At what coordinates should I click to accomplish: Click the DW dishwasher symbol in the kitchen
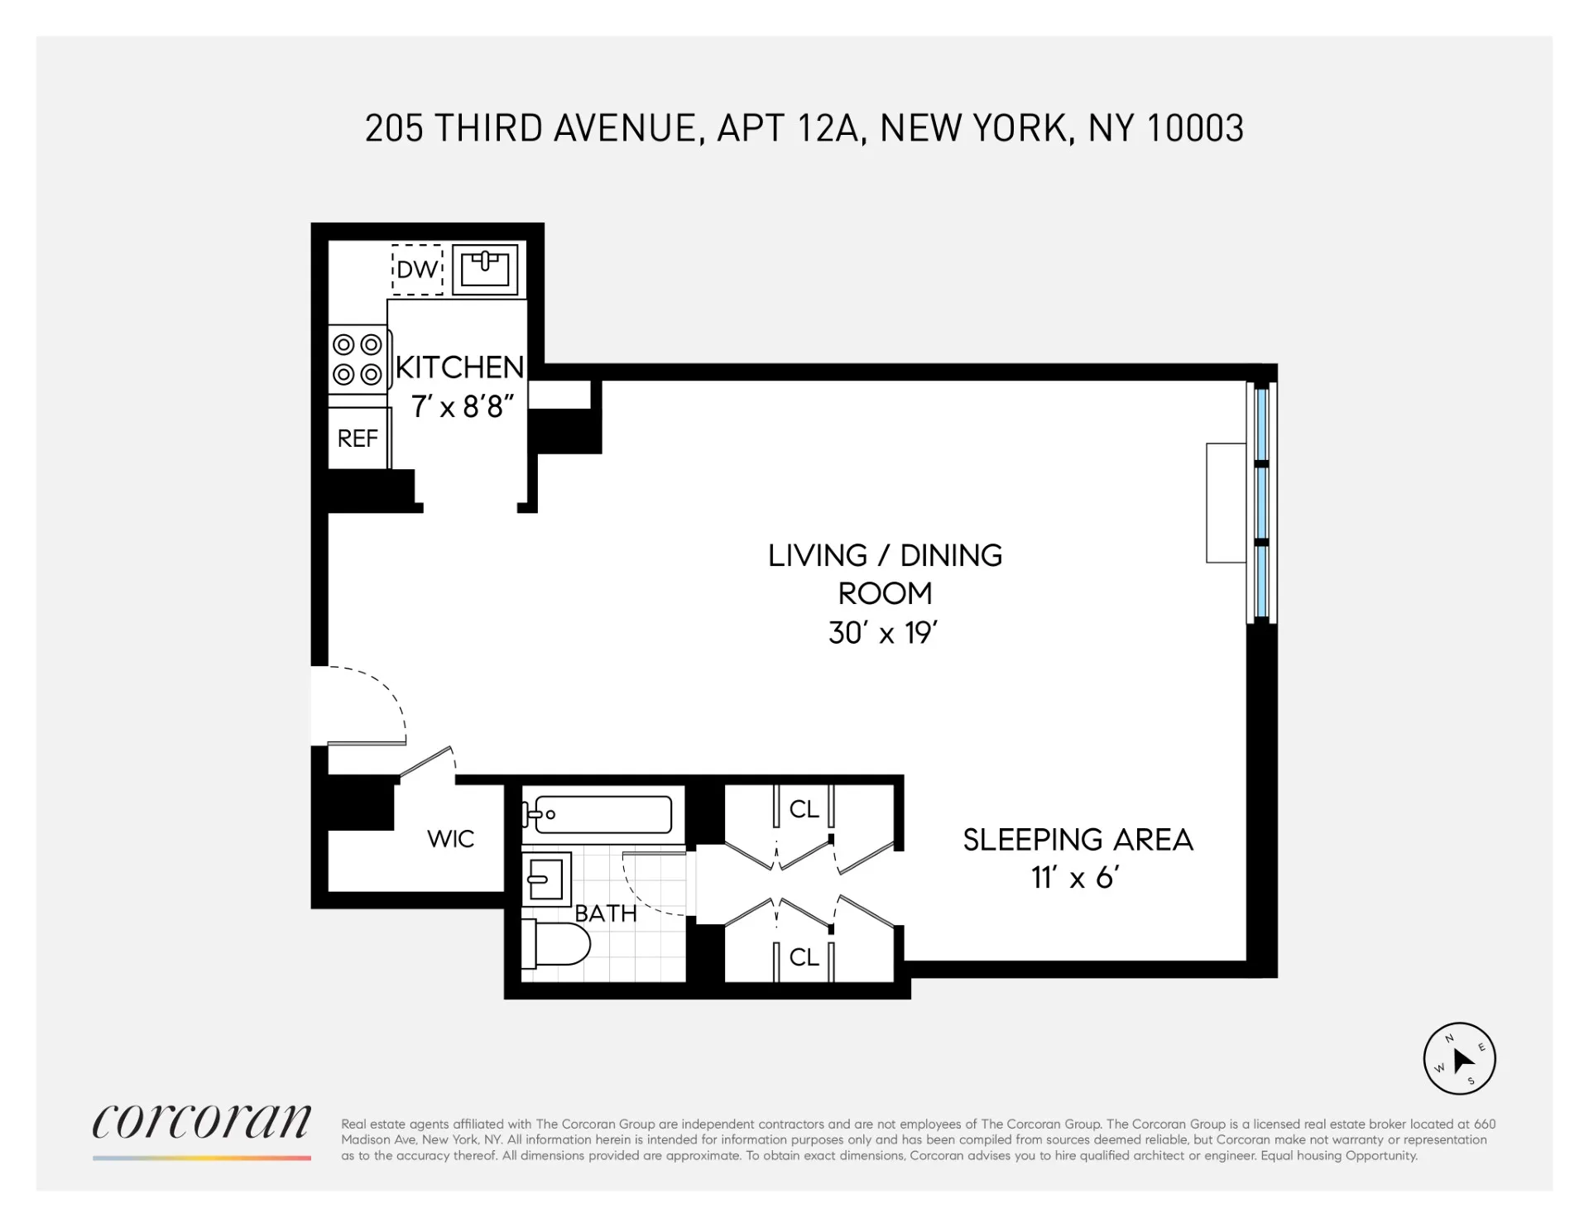coord(417,269)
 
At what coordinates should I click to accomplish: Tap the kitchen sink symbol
coord(485,269)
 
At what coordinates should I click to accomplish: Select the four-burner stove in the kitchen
coord(358,359)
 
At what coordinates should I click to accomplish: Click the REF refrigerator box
coord(358,438)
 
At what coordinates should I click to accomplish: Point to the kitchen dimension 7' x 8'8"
coord(462,406)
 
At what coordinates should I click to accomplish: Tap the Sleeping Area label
coord(1078,840)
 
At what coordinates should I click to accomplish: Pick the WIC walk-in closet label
coord(450,839)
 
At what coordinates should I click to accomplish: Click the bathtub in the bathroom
coord(602,814)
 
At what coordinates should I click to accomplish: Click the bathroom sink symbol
coord(546,879)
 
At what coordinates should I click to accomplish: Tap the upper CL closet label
coord(804,809)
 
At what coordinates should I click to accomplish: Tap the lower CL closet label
coord(804,957)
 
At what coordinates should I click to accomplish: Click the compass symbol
coord(1459,1059)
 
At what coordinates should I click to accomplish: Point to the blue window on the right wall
coord(1261,503)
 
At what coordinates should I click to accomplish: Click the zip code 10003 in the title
coord(1196,129)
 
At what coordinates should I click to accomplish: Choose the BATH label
coord(606,913)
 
